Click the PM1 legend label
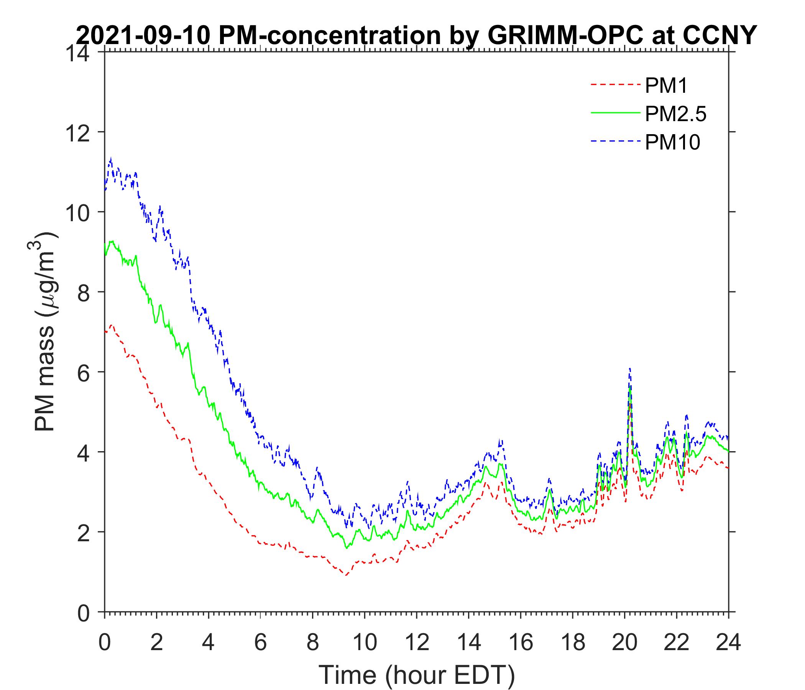click(666, 86)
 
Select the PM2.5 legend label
click(675, 114)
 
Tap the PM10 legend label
click(672, 143)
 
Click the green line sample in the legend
click(615, 112)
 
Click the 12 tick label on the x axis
click(416, 642)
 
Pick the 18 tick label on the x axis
click(572, 642)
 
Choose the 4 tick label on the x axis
click(208, 642)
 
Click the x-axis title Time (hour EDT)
click(416, 675)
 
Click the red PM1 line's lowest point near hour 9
click(345, 575)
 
